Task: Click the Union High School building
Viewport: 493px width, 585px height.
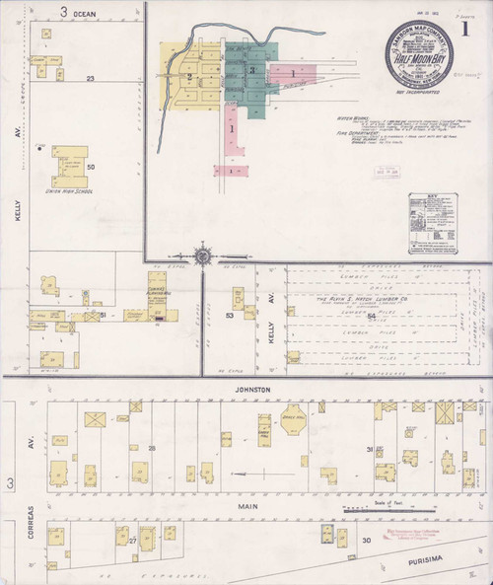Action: pos(70,164)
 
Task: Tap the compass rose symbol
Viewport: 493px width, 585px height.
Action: pos(202,256)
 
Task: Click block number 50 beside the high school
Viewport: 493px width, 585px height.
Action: pos(91,167)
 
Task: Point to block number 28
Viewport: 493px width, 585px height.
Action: pos(151,449)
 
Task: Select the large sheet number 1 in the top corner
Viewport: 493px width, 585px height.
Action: pos(479,28)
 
